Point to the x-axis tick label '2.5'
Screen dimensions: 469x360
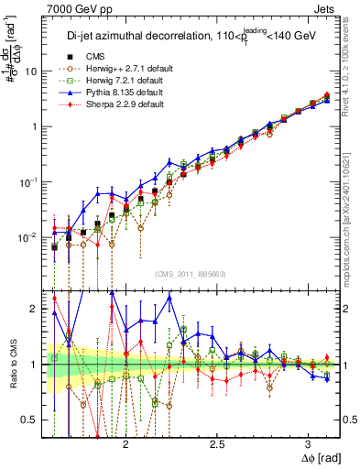coord(217,442)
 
